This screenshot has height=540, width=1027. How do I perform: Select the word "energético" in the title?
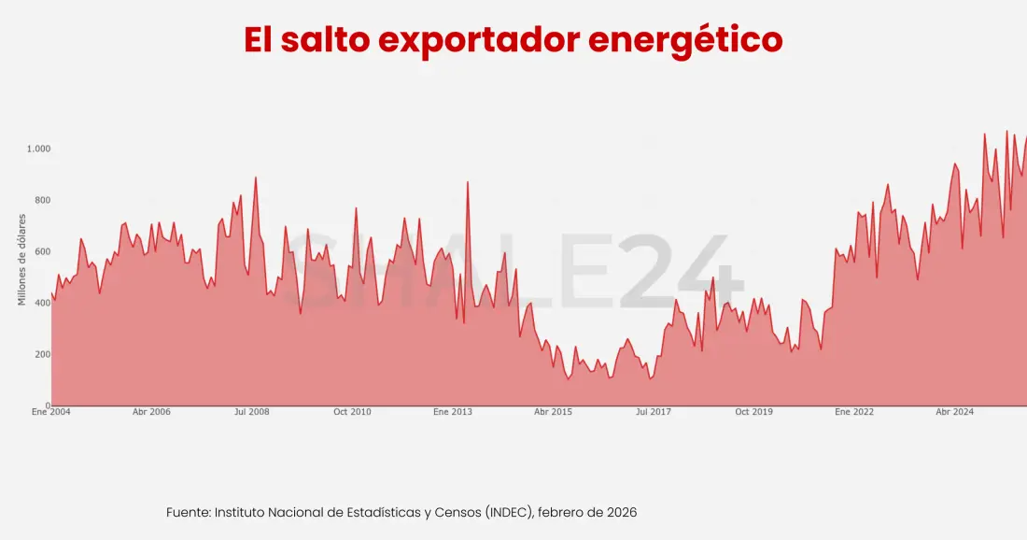click(x=686, y=40)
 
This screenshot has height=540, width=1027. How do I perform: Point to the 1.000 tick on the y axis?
click(x=38, y=149)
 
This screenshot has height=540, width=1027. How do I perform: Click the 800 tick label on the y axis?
click(x=41, y=201)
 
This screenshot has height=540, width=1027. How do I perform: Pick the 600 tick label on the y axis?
click(x=41, y=252)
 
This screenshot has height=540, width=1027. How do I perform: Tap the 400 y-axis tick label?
click(x=41, y=304)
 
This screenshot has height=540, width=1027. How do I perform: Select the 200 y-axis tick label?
click(x=41, y=355)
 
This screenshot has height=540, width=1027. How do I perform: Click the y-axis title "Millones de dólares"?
click(x=21, y=260)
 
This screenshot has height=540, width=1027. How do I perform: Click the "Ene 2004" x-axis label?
click(x=51, y=412)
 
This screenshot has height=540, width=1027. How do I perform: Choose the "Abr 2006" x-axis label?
click(x=151, y=412)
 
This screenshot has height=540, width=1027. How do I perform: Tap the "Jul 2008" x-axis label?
click(x=252, y=412)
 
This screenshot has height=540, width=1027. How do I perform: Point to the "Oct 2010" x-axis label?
click(x=352, y=412)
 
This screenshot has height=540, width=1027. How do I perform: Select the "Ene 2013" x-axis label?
click(x=453, y=412)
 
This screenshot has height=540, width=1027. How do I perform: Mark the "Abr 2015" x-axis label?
click(x=553, y=412)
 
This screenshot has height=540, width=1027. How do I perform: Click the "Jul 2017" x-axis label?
click(x=654, y=412)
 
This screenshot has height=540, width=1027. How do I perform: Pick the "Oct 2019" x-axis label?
click(x=753, y=412)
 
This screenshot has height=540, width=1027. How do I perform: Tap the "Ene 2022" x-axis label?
click(x=854, y=412)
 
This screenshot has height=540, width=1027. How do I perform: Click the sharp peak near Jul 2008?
click(x=256, y=178)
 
